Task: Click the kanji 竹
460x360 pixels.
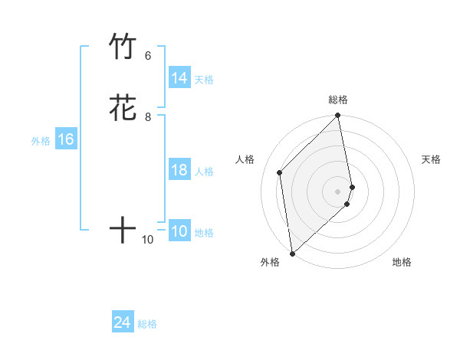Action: point(123,47)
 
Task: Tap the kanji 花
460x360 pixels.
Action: point(123,108)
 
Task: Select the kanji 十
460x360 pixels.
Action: point(123,230)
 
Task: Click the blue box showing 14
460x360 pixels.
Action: point(179,78)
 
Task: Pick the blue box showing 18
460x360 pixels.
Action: point(179,170)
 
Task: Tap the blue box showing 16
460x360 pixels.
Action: point(65,139)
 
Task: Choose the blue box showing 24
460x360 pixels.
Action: point(123,323)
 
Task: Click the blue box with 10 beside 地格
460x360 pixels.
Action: point(179,232)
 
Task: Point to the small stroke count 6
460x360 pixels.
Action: point(148,56)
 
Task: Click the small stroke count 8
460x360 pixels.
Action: point(148,117)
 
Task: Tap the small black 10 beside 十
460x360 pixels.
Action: point(148,240)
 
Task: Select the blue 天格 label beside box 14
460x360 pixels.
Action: point(204,80)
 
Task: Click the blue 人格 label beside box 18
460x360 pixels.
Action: point(204,172)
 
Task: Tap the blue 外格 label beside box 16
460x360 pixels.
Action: point(41,141)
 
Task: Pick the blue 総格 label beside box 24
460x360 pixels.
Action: point(147,325)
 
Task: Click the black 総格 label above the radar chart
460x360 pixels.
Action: point(338,100)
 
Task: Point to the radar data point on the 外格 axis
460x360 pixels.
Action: point(292,253)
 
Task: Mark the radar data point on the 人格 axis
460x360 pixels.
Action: point(280,172)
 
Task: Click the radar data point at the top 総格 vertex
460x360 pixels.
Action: point(338,116)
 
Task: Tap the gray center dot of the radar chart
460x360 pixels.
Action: point(338,191)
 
